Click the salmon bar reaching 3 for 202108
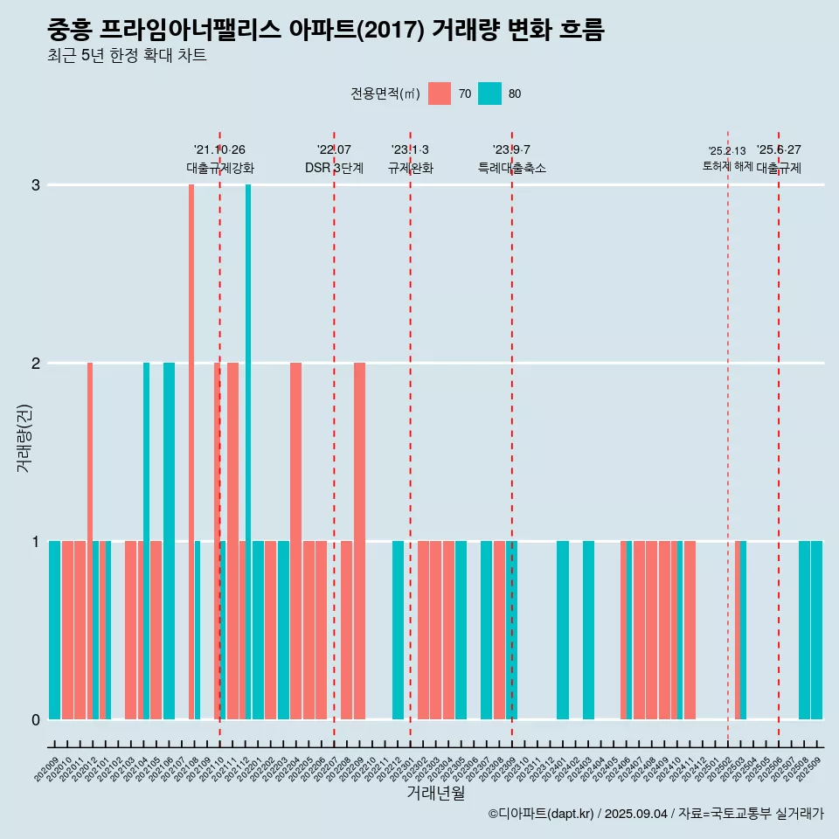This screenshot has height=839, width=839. click(191, 451)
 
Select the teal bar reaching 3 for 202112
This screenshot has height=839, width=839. click(248, 451)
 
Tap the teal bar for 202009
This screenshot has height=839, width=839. click(54, 629)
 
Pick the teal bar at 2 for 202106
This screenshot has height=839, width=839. click(169, 540)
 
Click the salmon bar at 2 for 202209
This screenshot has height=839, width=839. click(359, 540)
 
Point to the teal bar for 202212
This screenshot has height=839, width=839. click(398, 629)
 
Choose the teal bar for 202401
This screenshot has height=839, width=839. click(563, 629)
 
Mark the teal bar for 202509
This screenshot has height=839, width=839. click(816, 629)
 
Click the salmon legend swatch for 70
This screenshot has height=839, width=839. click(440, 94)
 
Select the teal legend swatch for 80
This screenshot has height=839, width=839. click(489, 94)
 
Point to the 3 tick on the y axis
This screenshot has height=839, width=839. click(35, 185)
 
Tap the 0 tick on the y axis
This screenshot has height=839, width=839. click(35, 719)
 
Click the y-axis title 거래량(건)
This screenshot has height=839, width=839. click(24, 437)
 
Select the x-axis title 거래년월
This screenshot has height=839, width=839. click(435, 793)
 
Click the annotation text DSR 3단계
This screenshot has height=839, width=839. click(334, 168)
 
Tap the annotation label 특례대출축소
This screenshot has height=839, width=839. click(511, 168)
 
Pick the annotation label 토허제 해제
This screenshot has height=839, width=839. click(727, 166)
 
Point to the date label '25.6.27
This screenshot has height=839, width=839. click(778, 150)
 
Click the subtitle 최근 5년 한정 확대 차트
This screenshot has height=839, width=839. click(127, 56)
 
